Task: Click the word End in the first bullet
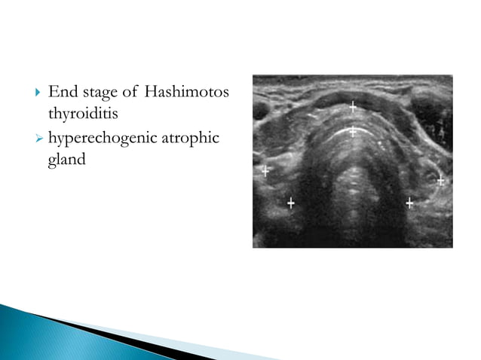coord(61,93)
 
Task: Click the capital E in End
coord(53,93)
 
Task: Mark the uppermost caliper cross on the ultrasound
coord(352,107)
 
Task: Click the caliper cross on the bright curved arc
coord(352,131)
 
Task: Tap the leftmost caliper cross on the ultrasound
coord(265,171)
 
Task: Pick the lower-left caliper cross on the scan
coord(291,203)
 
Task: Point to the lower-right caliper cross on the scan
coord(409,203)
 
